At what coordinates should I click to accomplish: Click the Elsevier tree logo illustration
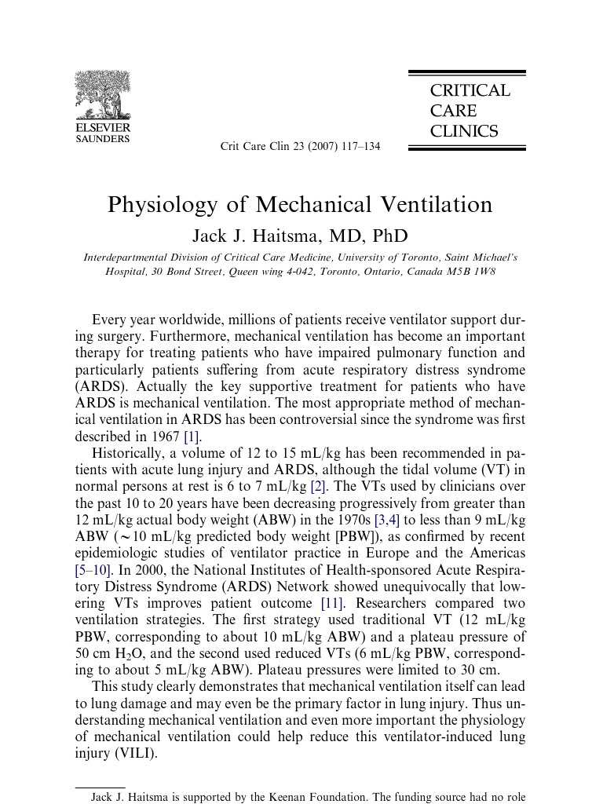pyautogui.click(x=102, y=95)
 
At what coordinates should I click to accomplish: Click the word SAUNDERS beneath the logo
pyautogui.click(x=102, y=139)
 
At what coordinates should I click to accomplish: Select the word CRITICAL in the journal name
pyautogui.click(x=470, y=91)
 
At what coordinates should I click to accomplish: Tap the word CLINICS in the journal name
pyautogui.click(x=464, y=132)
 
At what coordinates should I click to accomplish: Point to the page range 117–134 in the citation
pyautogui.click(x=361, y=147)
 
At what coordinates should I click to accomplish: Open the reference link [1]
pyautogui.click(x=191, y=437)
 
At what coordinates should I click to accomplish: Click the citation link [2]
pyautogui.click(x=317, y=486)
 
